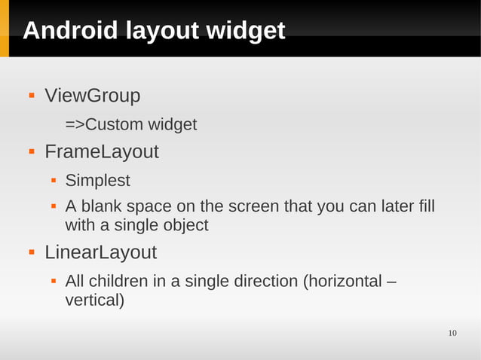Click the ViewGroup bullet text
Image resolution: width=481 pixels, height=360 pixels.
[x=92, y=96]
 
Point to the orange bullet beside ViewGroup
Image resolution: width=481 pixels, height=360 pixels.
[x=32, y=96]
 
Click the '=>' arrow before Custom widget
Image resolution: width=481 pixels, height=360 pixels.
[x=75, y=124]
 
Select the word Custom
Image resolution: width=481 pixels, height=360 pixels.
[x=113, y=124]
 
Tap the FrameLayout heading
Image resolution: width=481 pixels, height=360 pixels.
[x=101, y=152]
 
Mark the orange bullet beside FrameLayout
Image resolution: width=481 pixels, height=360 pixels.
[x=32, y=152]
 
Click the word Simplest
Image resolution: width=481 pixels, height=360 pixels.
[x=97, y=181]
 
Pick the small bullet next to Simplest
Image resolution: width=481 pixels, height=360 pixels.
[x=54, y=181]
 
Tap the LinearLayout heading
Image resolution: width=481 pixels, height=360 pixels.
[x=100, y=252]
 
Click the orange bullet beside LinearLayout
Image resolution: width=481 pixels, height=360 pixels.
[x=32, y=252]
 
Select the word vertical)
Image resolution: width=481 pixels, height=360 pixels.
[x=95, y=301]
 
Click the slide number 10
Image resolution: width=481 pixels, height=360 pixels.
[x=452, y=334]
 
